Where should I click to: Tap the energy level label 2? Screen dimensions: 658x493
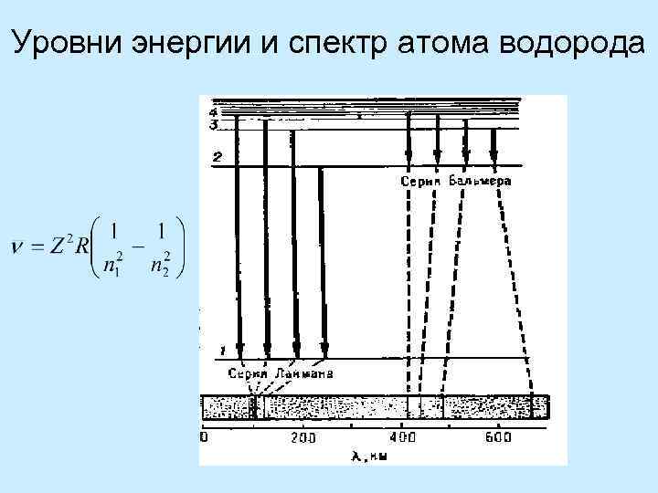[216, 157]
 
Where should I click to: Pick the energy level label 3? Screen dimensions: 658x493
[213, 124]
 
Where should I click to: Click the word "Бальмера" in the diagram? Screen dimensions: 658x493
[480, 182]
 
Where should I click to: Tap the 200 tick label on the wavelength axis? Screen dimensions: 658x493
[303, 438]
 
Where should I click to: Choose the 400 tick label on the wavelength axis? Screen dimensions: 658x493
[402, 438]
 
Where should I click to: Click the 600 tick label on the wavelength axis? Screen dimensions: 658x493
[499, 438]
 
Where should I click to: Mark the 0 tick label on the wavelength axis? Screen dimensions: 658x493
[206, 438]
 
